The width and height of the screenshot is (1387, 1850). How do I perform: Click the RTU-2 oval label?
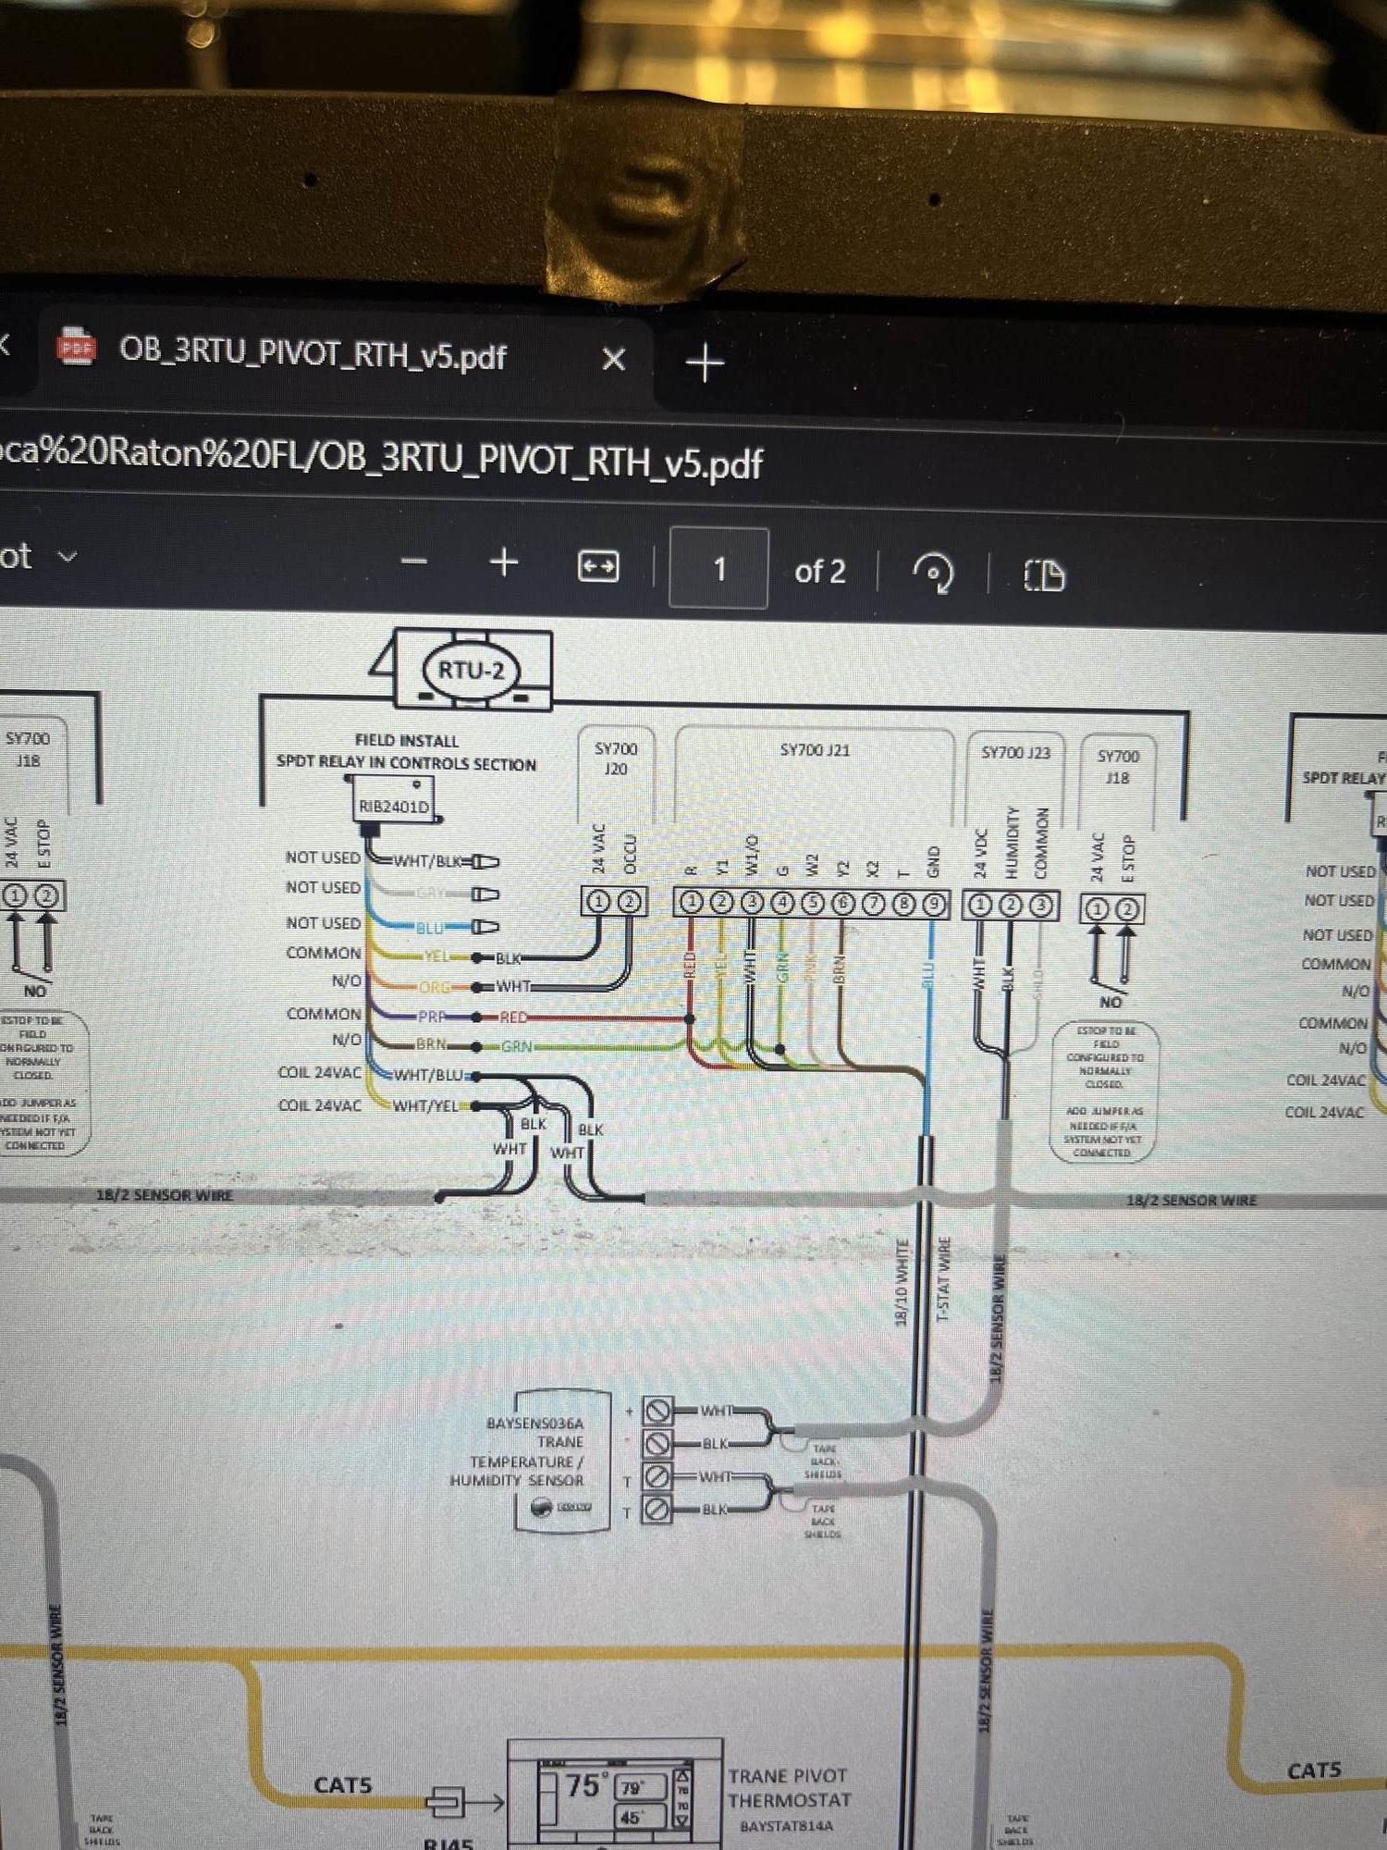[471, 671]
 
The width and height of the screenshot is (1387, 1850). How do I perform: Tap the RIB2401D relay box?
[394, 806]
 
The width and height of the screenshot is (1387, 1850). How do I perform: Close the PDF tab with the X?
[613, 359]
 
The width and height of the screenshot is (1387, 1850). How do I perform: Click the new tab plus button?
[706, 363]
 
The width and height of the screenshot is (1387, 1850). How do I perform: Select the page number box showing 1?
[718, 569]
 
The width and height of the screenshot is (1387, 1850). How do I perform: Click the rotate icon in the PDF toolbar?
[933, 573]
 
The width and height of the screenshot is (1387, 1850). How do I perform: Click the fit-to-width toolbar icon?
[598, 566]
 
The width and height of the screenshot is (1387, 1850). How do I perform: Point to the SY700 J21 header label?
[814, 750]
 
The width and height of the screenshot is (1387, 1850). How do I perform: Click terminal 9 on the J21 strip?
[934, 904]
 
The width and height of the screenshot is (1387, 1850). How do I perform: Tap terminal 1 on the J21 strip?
[691, 902]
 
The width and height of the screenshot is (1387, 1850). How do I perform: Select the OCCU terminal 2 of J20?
[629, 901]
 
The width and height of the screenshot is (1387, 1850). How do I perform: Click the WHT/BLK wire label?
[428, 861]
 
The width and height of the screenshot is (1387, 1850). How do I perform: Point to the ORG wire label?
[435, 987]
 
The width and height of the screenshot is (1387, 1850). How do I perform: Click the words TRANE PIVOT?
[787, 1776]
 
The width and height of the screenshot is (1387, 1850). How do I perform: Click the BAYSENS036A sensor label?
[534, 1423]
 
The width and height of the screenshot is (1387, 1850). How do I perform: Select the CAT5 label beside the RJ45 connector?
[342, 1784]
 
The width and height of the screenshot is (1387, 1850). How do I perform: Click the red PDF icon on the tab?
[77, 348]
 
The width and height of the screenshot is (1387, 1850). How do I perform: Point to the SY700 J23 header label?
[1015, 753]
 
